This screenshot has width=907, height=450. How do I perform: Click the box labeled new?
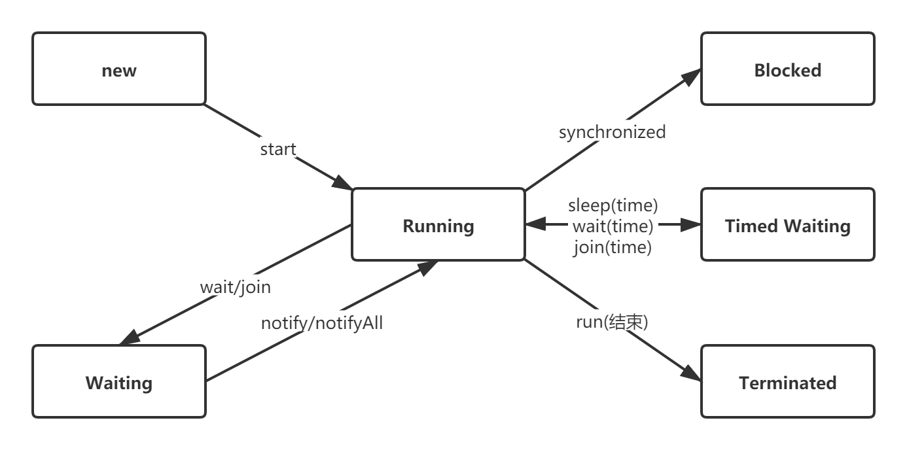pos(119,69)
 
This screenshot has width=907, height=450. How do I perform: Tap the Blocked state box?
pos(787,69)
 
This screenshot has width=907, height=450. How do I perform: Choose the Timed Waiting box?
pos(787,225)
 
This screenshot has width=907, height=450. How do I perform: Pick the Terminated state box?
pos(787,382)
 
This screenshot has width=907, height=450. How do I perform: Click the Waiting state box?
pos(119,382)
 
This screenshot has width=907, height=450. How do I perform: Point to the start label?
pos(278,149)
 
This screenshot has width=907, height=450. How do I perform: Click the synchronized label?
pos(612,132)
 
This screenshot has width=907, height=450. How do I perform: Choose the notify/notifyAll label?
pos(321,322)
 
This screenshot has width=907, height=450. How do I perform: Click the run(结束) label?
pos(611,322)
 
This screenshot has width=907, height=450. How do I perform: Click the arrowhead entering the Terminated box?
pos(690,373)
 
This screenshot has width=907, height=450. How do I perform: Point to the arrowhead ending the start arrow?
pos(342,182)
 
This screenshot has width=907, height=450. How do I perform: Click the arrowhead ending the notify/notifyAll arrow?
pos(427,266)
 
